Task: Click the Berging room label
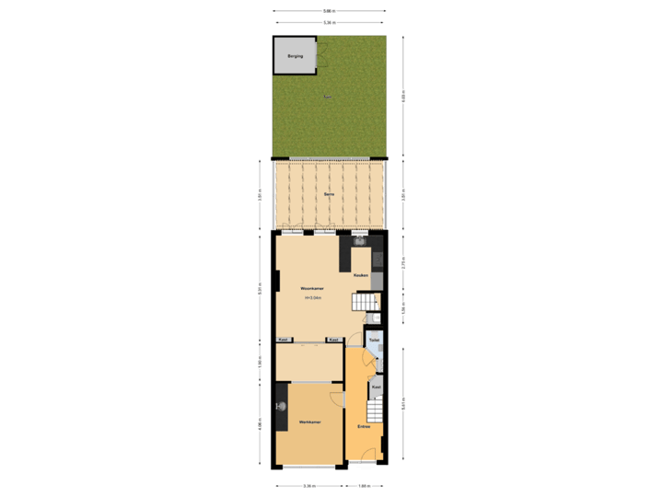(294, 57)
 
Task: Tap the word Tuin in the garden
(329, 96)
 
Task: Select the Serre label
(329, 195)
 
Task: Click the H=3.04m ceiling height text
(313, 298)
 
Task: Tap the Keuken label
(361, 275)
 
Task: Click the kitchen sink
(361, 242)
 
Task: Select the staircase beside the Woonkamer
(366, 300)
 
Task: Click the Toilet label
(373, 341)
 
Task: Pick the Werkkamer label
(309, 422)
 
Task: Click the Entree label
(365, 426)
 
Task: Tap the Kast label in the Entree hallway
(376, 387)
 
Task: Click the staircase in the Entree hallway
(375, 409)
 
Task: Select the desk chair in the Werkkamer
(284, 406)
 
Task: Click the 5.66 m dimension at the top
(329, 11)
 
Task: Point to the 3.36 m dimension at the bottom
(310, 485)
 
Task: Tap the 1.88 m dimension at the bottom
(364, 485)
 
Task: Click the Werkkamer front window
(309, 465)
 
